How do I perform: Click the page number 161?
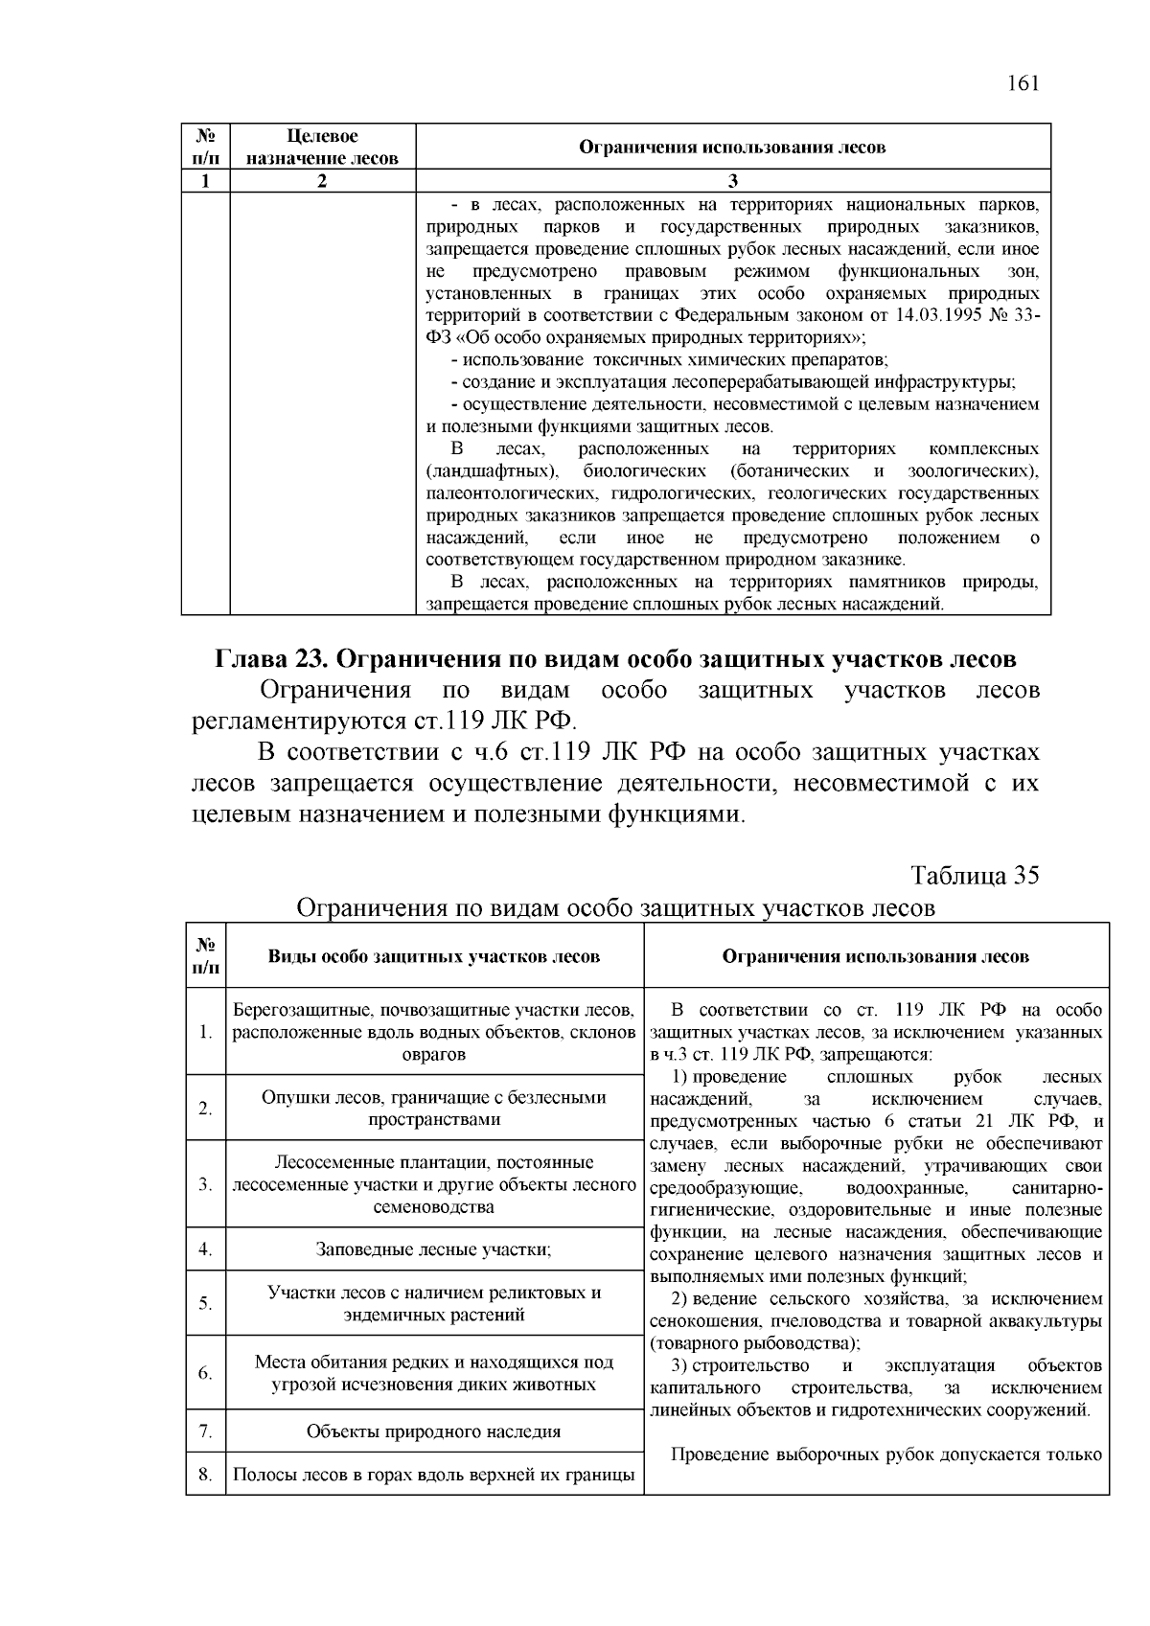point(1023,83)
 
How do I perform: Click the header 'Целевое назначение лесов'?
point(322,148)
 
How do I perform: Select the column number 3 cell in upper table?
point(732,181)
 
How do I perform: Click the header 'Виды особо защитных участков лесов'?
point(433,956)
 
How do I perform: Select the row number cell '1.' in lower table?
point(205,1032)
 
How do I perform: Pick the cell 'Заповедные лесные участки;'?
point(433,1249)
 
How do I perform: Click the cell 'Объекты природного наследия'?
point(433,1431)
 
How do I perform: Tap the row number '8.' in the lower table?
point(205,1475)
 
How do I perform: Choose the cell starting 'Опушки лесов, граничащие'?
point(433,1108)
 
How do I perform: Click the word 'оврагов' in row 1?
point(433,1055)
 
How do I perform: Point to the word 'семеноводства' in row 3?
point(433,1207)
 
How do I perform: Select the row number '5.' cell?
point(205,1303)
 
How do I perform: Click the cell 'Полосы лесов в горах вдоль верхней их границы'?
point(433,1475)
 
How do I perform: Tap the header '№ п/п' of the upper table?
point(205,148)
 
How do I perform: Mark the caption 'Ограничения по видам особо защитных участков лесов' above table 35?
point(615,907)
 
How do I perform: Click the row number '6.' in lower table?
point(205,1373)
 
